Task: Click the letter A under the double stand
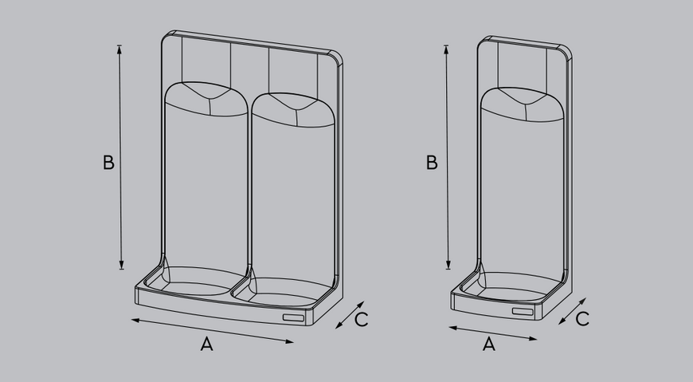tap(207, 344)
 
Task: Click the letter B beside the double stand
tap(108, 163)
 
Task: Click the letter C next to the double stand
tap(362, 320)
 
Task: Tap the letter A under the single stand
tap(489, 344)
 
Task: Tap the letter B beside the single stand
tap(432, 163)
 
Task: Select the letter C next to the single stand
tap(582, 319)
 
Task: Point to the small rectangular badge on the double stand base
tap(293, 317)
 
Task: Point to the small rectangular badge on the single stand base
tap(523, 311)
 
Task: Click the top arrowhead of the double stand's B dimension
tap(119, 49)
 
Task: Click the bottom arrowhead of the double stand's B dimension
tap(122, 265)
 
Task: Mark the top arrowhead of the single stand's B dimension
tap(446, 49)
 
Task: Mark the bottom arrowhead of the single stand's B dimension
tap(448, 265)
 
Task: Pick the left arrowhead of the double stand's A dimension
tap(135, 320)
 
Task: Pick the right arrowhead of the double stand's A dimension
tap(289, 341)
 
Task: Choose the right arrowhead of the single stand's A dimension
tap(533, 339)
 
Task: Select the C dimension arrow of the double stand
tap(350, 315)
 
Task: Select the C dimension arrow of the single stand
tap(572, 311)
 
